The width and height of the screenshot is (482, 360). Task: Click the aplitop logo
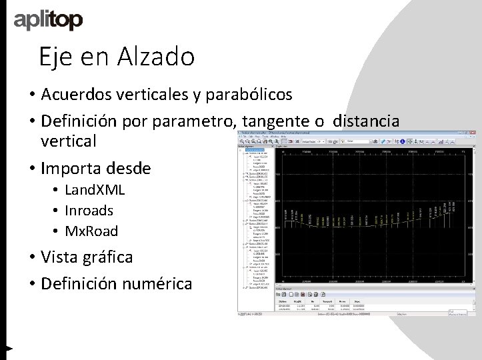[x=48, y=21]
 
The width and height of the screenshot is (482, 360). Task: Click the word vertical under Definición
[x=68, y=141]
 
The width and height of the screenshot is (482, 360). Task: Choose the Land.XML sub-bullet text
[x=94, y=190]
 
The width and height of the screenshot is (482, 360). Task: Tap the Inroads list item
[x=89, y=211]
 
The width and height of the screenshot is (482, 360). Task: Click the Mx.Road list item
[x=91, y=231]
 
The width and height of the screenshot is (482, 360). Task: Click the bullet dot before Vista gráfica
[x=31, y=257]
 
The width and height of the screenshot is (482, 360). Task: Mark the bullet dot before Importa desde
[x=31, y=169]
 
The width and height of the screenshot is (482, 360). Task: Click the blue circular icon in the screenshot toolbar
[x=402, y=141]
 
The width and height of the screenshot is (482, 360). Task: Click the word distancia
[x=366, y=121]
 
